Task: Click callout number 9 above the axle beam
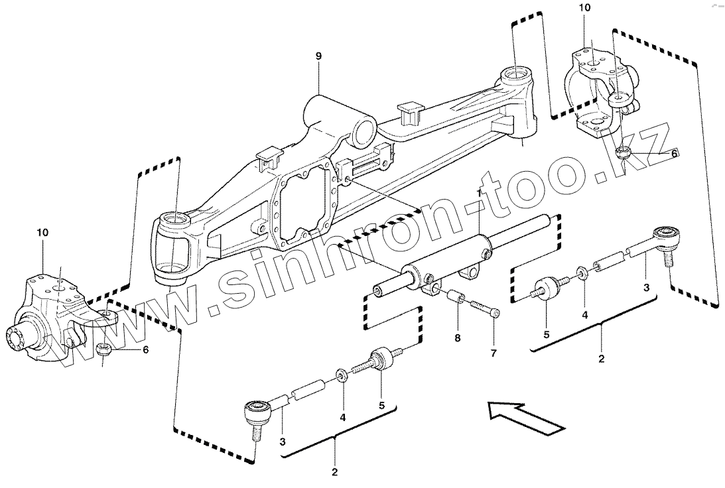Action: pos(318,56)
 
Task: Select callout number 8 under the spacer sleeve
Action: pos(457,338)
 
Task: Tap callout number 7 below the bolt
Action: pos(493,353)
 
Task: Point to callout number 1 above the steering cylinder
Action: pos(479,193)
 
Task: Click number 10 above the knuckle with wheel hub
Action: pos(43,233)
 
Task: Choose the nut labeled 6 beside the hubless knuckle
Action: pos(623,153)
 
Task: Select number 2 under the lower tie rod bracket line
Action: pos(334,473)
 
